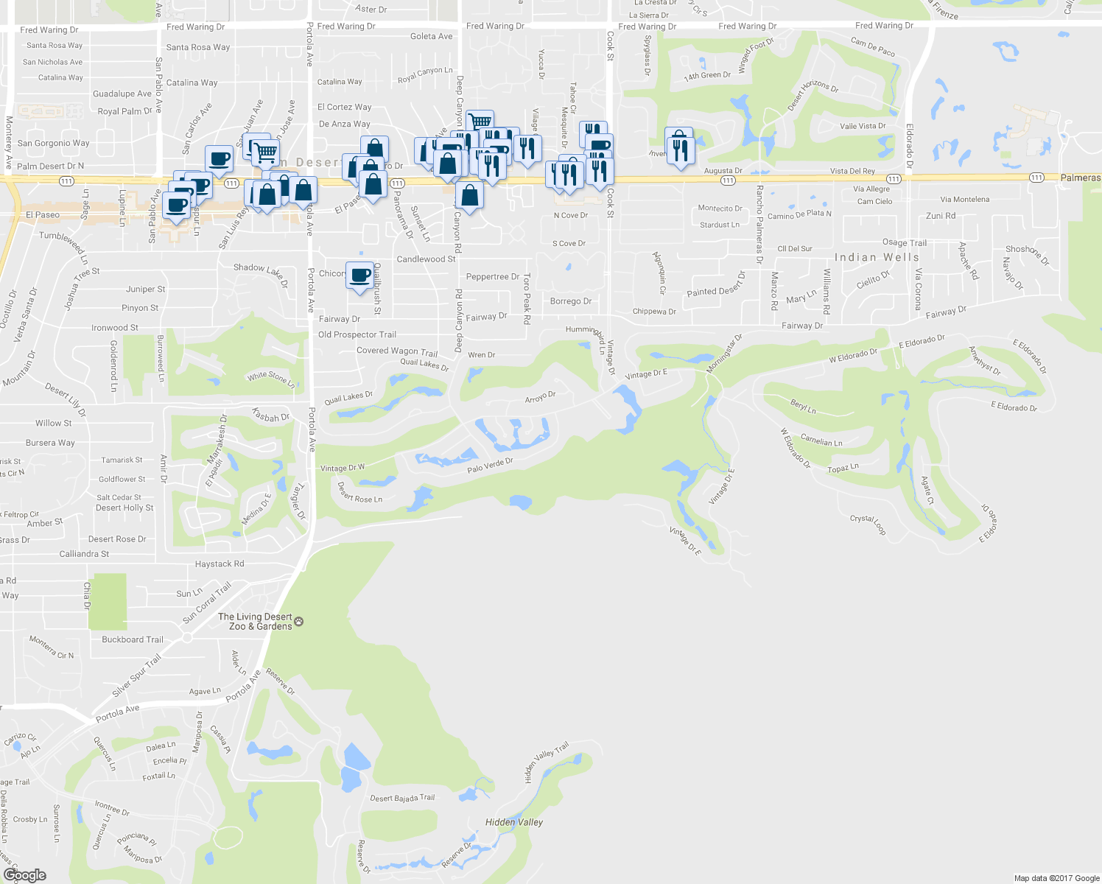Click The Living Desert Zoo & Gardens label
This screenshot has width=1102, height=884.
pos(255,622)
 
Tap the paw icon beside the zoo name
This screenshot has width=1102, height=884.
pos(298,622)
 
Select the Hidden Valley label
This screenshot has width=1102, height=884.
pos(514,822)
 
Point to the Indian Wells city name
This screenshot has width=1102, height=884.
pos(877,257)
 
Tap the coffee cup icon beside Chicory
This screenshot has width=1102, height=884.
pos(359,276)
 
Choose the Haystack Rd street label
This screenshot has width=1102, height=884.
pos(220,564)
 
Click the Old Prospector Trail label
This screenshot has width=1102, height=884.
pos(357,334)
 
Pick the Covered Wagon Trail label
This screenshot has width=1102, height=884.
pos(397,351)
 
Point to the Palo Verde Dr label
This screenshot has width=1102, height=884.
pos(490,466)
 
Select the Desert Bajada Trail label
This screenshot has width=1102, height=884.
pos(402,798)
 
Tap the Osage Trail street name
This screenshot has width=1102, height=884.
pos(905,242)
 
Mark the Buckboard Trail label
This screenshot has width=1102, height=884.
pos(133,639)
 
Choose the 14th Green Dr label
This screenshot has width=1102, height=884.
pos(707,75)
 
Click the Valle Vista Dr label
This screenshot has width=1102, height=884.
pos(863,126)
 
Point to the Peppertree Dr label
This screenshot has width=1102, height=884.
pos(493,277)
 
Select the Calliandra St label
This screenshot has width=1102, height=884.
pos(84,554)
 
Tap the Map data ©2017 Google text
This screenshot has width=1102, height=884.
pos(1056,877)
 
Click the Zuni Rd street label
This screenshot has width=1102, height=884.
pos(941,216)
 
